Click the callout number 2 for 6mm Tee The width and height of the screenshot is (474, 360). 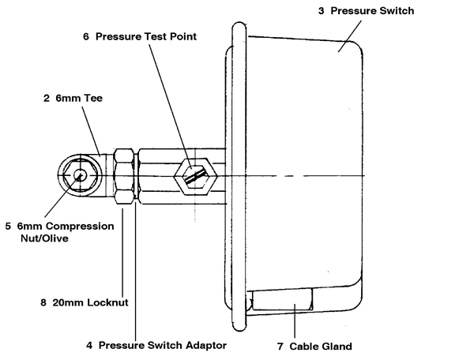tap(47, 99)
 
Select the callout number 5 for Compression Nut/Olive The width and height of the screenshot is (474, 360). tap(8, 226)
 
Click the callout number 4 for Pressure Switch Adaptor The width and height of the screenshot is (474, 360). tap(89, 345)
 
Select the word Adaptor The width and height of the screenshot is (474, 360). tap(204, 345)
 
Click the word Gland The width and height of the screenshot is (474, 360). tap(336, 346)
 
